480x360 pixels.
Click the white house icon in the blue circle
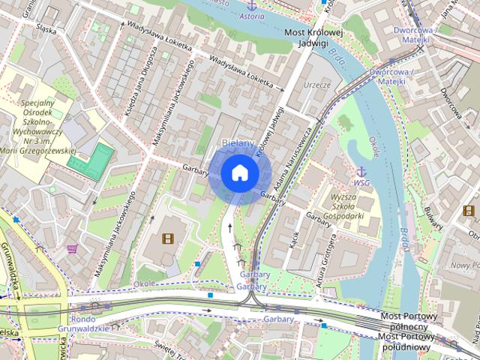tap(239, 173)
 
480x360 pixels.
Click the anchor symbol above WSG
tap(361, 172)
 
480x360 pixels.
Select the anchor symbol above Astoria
tap(252, 4)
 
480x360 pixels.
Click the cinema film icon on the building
tap(166, 239)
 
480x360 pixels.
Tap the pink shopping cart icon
tap(72, 248)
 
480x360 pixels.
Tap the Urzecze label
tap(316, 85)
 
